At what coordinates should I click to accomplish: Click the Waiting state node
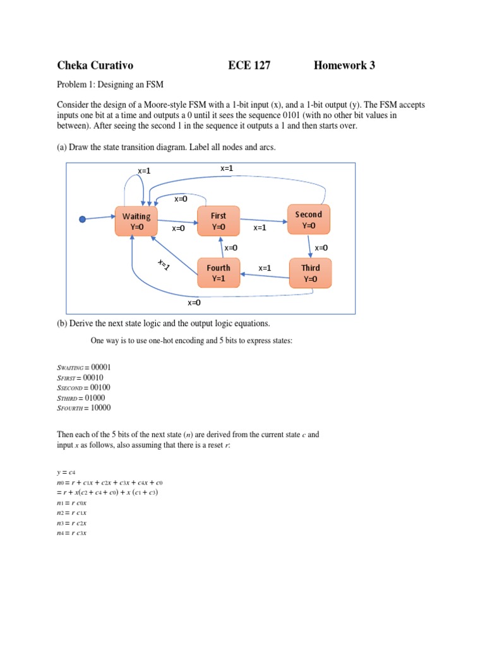pyautogui.click(x=136, y=221)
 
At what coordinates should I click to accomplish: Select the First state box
pyautogui.click(x=218, y=221)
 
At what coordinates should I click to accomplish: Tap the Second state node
pyautogui.click(x=308, y=220)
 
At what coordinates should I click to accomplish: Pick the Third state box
pyautogui.click(x=310, y=273)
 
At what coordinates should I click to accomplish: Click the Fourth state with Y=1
pyautogui.click(x=219, y=273)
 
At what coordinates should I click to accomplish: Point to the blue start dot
pyautogui.click(x=82, y=219)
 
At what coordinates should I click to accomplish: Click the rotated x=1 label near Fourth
pyautogui.click(x=164, y=265)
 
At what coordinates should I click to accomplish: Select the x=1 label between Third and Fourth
pyautogui.click(x=265, y=267)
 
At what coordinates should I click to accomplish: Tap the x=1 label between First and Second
pyautogui.click(x=260, y=228)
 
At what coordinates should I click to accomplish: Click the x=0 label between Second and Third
pyautogui.click(x=321, y=248)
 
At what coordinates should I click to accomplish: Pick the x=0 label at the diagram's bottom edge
pyautogui.click(x=194, y=303)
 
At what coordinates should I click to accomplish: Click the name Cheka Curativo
pyautogui.click(x=95, y=65)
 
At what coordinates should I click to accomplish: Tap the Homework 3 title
pyautogui.click(x=344, y=65)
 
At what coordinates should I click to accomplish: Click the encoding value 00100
pyautogui.click(x=107, y=387)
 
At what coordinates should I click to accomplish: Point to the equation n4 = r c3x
pyautogui.click(x=71, y=532)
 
